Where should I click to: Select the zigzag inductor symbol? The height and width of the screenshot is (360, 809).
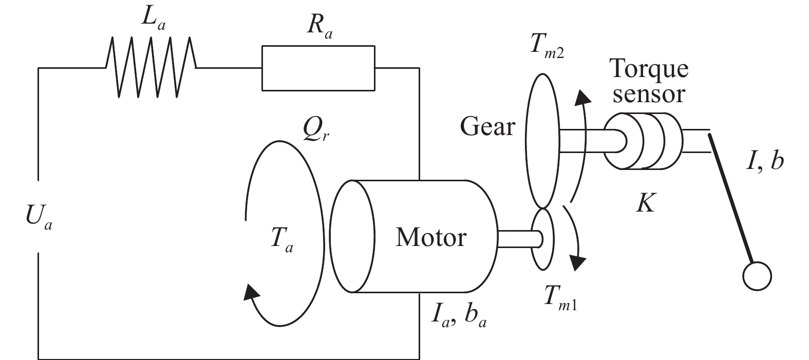pos(151,67)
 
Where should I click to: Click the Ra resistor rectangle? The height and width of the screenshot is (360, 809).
pos(318,68)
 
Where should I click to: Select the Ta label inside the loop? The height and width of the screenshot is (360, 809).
pos(281,240)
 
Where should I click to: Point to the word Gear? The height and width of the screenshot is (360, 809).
pos(486,126)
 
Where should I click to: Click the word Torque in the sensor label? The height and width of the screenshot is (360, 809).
pos(648,68)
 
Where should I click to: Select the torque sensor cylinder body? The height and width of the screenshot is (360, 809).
pos(645,141)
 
